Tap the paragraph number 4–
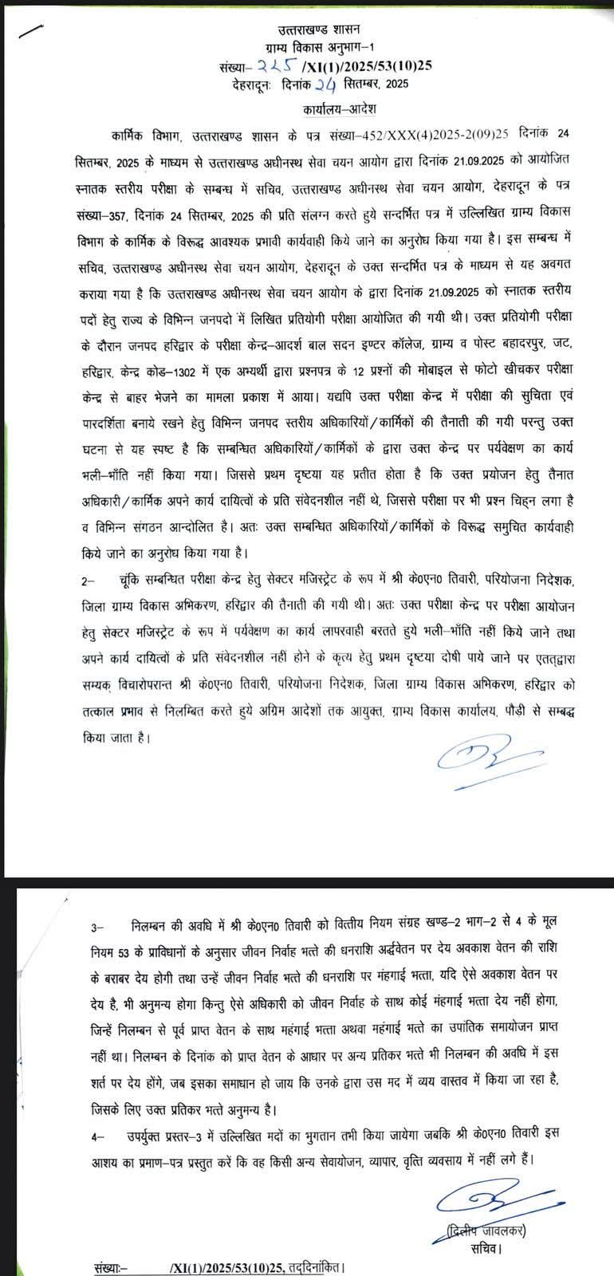pos(97,1133)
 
